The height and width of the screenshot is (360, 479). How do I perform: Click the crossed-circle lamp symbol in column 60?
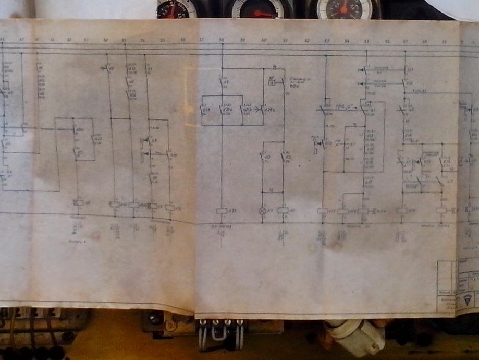[x=262, y=211]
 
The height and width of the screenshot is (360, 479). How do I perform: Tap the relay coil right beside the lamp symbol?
[x=283, y=211]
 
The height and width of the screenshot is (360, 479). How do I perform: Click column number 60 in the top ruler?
[x=264, y=40]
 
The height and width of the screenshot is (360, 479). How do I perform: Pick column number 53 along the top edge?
[x=124, y=40]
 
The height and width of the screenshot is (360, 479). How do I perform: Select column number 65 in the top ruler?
[x=366, y=40]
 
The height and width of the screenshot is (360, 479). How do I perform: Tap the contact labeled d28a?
[x=263, y=110]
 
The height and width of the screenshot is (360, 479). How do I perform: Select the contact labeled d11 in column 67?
[x=405, y=70]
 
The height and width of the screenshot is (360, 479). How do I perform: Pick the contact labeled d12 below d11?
[x=404, y=83]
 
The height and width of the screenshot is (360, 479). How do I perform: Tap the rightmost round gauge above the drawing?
[x=343, y=8]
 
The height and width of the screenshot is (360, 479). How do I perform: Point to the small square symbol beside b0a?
[x=272, y=82]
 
